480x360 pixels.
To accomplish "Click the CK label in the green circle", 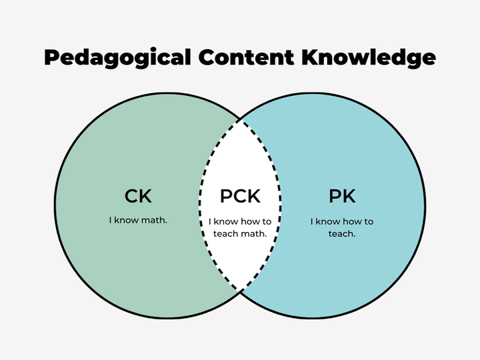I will coord(138,197).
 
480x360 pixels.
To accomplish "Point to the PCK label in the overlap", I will coord(240,197).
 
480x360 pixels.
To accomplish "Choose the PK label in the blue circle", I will coord(342,197).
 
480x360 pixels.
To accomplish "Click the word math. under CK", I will coord(153,219).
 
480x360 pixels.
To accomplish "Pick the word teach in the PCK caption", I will coord(225,233).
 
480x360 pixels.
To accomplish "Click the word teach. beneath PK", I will coord(342,233).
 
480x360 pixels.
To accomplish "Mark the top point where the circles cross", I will coord(240,121).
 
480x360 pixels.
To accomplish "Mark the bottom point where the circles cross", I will coord(240,291).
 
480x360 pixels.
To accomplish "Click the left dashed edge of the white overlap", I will coord(199,206).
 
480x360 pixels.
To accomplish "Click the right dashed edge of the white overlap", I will coord(281,206).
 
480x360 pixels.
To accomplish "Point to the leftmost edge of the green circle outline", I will coord(55,206).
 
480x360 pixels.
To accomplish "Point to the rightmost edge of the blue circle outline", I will coord(425,206).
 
